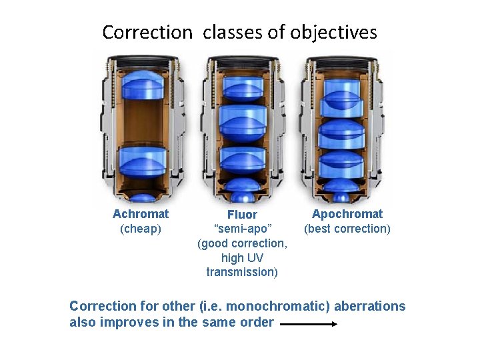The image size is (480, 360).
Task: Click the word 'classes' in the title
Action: [x=228, y=32]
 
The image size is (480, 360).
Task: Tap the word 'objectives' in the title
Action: [x=334, y=33]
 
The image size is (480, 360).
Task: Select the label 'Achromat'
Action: [x=141, y=214]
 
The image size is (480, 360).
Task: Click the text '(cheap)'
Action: [x=141, y=229]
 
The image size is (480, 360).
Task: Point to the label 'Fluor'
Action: [x=242, y=215]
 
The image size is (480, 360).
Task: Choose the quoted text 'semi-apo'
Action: [x=242, y=229]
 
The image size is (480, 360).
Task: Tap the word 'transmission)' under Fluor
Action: [x=242, y=272]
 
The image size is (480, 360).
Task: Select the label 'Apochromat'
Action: [x=347, y=214]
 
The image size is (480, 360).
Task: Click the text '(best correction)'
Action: [x=347, y=229]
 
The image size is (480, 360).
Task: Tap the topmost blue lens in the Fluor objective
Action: [x=243, y=85]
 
